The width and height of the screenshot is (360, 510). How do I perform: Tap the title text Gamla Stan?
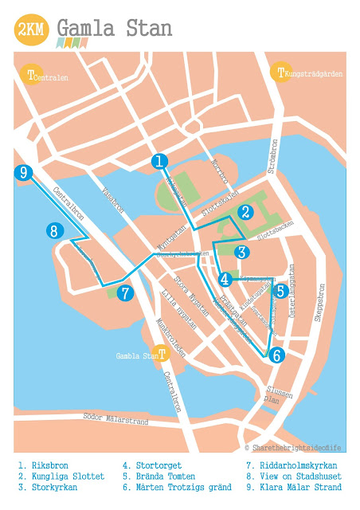(115, 29)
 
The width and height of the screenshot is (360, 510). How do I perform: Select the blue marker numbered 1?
(161, 162)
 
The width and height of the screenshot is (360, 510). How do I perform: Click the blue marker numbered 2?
(246, 212)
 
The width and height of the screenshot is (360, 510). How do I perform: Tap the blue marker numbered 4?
(226, 280)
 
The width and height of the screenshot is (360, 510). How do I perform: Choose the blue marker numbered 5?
(280, 292)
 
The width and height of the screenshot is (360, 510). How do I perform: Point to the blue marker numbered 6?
(276, 355)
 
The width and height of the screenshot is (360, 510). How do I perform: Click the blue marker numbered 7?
(124, 293)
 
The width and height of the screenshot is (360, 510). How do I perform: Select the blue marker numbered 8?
(54, 232)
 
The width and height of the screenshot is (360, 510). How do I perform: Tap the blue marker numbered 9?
(24, 173)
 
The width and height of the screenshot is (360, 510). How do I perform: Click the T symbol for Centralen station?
(31, 76)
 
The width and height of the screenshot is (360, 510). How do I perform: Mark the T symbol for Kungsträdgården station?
(280, 73)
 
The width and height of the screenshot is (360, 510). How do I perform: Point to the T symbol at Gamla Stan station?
(162, 354)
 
